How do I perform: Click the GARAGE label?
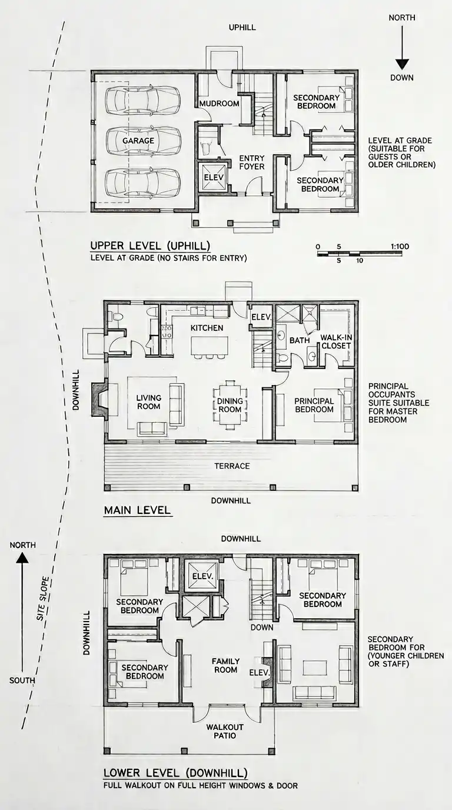coord(138,141)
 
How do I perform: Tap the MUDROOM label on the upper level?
coord(220,104)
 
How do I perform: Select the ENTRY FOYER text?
coord(252,162)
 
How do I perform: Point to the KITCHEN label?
coord(207,328)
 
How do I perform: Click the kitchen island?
coord(210,346)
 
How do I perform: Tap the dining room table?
coord(230,405)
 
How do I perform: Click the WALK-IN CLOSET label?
coord(336,341)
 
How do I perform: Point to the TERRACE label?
coord(232,466)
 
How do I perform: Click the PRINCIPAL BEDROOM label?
coord(314,405)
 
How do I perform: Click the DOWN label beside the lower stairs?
coord(262,628)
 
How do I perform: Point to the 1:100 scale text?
coord(400,247)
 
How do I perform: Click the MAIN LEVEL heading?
coord(137,510)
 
